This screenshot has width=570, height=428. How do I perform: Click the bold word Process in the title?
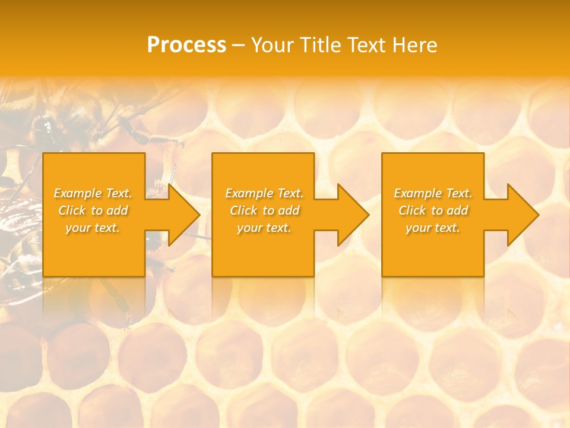tap(186, 45)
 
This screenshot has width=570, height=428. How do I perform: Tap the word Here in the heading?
tap(414, 45)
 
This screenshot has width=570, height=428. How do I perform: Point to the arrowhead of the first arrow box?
tap(184, 215)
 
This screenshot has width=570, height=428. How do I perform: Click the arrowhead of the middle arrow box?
tap(353, 215)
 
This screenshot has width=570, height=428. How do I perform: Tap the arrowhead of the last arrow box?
tap(523, 215)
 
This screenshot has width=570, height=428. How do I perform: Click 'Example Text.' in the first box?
tap(93, 193)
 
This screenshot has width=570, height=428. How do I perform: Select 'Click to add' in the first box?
tap(93, 210)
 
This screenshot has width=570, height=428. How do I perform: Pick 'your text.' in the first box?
tap(93, 228)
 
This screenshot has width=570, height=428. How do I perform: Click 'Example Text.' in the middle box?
tap(264, 193)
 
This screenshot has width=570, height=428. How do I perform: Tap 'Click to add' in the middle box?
tap(264, 210)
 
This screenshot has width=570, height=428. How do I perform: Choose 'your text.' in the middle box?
tap(264, 228)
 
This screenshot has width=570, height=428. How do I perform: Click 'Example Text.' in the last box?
tap(433, 193)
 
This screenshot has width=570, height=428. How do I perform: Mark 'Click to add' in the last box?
tap(433, 210)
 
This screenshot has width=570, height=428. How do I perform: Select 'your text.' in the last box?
tap(433, 228)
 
